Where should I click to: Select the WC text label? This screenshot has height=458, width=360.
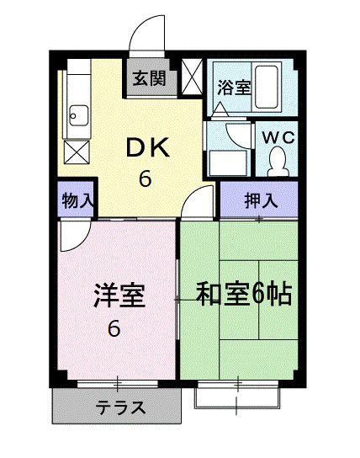coord(278,136)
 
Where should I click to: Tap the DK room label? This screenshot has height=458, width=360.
coord(149,147)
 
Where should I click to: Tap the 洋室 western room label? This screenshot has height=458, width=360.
coord(119,297)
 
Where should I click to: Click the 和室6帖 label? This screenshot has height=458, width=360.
coord(244,295)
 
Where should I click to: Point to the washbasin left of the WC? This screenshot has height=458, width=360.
coord(226,161)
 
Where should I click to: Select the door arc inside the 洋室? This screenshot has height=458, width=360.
coord(73,237)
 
